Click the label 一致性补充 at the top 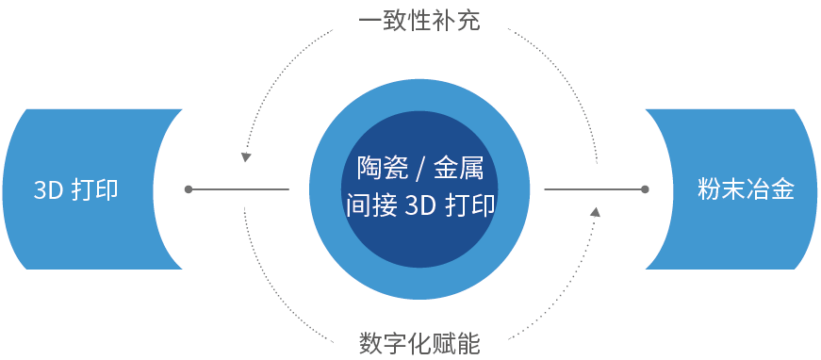tap(419, 20)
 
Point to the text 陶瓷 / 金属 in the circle tap(419, 169)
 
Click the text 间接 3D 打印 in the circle tap(419, 205)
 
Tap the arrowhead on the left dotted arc tap(246, 155)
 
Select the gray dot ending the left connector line tap(189, 189)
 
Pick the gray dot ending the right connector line tap(645, 189)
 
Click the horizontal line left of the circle tap(240, 189)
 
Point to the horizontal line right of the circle tap(594, 189)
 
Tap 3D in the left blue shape tap(47, 189)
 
